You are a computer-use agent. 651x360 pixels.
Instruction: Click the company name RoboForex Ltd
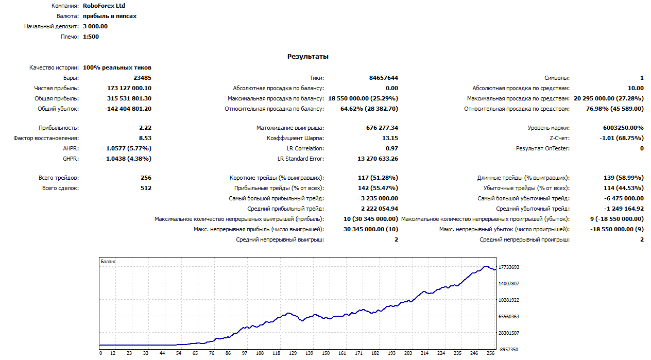104,6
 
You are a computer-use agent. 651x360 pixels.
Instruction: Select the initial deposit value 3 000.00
95,26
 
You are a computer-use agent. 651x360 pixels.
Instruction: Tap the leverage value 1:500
91,37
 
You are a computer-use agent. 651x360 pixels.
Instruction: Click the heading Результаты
308,56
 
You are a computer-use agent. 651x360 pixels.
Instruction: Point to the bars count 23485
142,78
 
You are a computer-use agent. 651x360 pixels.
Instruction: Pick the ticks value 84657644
384,78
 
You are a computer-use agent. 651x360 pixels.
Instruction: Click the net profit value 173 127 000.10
129,88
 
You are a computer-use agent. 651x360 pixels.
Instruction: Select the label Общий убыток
58,109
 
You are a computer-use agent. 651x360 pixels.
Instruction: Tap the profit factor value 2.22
145,128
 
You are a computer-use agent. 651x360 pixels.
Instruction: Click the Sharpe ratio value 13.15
390,138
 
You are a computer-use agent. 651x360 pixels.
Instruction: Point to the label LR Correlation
305,148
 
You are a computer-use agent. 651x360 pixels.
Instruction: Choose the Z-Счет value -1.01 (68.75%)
622,138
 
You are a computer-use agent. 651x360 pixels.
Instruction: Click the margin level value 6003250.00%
623,128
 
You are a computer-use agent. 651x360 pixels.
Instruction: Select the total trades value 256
146,178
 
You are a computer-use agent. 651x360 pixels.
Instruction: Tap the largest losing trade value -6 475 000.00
624,198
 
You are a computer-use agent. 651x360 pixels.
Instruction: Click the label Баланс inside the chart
108,262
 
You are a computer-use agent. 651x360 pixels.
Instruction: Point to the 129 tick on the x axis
293,353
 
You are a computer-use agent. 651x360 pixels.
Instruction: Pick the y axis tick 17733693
509,267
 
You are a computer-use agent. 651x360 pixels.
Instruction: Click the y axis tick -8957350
508,350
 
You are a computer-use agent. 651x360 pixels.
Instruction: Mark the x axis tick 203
408,353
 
